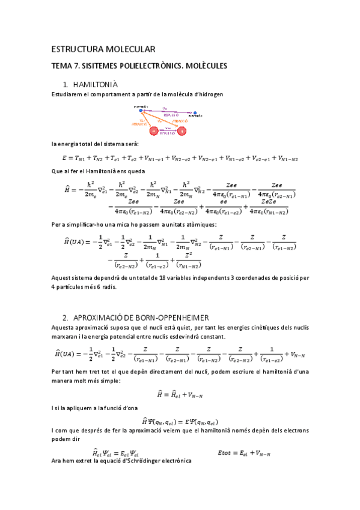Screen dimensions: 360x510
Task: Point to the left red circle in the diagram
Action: (154, 131)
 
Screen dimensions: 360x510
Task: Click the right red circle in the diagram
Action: (182, 131)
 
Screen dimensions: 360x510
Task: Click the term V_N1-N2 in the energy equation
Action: (285, 159)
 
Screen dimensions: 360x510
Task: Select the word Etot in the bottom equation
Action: (224, 452)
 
